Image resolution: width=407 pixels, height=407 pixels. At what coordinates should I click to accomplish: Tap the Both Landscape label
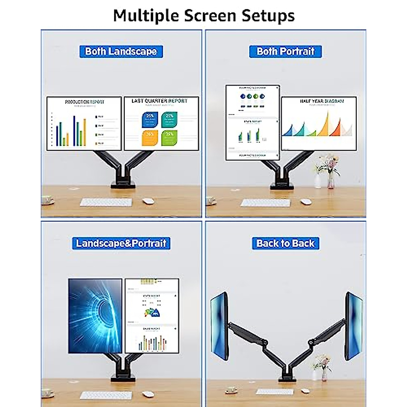point(121,51)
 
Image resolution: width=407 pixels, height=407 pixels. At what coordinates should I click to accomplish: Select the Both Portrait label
point(286,51)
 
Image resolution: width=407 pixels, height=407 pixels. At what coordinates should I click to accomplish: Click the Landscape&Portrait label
point(121,243)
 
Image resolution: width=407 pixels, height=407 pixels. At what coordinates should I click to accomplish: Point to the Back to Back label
point(286,243)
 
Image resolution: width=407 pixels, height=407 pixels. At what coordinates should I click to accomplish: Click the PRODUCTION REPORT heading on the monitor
point(84,102)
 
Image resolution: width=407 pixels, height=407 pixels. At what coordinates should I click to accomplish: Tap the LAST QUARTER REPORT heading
point(159,101)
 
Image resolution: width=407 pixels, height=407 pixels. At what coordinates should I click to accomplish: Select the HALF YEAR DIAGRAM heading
point(322,101)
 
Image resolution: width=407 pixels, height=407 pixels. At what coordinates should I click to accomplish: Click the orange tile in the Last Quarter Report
point(150,137)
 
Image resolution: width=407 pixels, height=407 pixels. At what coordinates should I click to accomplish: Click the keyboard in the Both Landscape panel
point(106,202)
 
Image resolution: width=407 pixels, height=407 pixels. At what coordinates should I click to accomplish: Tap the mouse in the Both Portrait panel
point(306,201)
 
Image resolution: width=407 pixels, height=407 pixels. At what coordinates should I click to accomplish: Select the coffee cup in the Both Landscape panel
point(48,200)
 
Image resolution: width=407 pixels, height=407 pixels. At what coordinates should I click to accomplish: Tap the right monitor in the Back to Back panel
point(353,322)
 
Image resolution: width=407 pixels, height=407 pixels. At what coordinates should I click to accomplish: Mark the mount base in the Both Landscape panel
point(121,185)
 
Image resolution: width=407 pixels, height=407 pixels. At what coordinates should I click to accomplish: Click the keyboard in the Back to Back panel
point(274,391)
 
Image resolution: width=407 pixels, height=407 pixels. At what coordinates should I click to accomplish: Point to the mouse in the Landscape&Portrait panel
point(147,394)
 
